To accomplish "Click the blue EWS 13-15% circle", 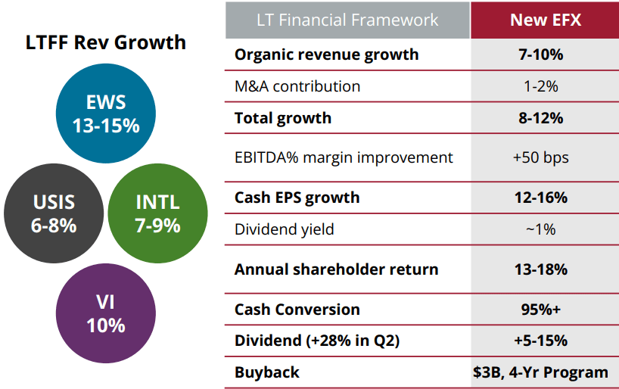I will tap(106, 114).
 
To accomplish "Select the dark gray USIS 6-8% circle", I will tap(54, 213).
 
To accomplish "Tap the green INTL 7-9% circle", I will tap(157, 213).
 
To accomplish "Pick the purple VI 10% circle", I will tap(106, 313).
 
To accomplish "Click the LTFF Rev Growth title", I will tap(106, 42).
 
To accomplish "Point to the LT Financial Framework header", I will tap(347, 19).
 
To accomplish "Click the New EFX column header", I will tap(545, 19).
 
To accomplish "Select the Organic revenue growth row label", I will tap(326, 54).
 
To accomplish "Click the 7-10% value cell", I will tap(545, 54).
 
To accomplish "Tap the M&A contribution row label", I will tap(297, 86).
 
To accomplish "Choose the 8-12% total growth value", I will tap(545, 118).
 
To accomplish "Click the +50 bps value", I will tap(545, 157).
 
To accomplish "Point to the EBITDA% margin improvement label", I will tap(344, 157).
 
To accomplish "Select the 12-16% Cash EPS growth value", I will tap(545, 198).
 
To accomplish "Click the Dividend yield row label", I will tap(284, 229).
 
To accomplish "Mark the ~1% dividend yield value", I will tap(545, 229).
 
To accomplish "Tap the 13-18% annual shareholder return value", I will tap(545, 269).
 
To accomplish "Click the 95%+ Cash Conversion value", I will tap(545, 310).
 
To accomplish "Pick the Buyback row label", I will tap(266, 372).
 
